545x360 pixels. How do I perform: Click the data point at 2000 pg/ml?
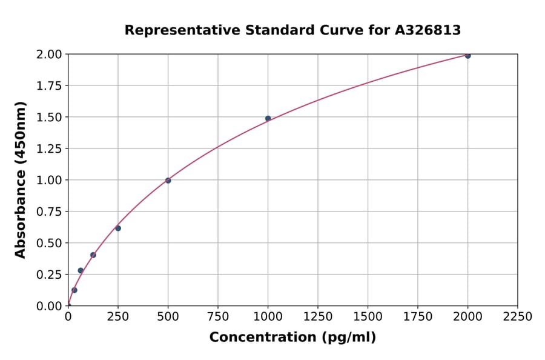click(x=467, y=56)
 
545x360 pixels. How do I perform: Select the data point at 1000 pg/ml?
click(x=268, y=118)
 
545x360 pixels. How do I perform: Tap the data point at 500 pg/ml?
click(x=168, y=181)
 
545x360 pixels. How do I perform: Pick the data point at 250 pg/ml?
click(x=118, y=228)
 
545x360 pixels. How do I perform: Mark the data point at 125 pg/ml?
click(x=93, y=255)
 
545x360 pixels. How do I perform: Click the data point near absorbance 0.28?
click(x=81, y=270)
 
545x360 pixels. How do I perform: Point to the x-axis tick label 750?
click(x=218, y=317)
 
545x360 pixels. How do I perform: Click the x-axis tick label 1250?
click(x=318, y=317)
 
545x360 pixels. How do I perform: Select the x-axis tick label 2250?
click(x=518, y=317)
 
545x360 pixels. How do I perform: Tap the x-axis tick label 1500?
click(x=368, y=317)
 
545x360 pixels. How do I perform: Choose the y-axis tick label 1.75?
click(x=48, y=85)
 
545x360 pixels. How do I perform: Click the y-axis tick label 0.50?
click(x=48, y=243)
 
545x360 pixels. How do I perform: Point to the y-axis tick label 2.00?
click(x=48, y=54)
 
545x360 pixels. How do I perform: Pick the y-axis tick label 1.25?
click(x=48, y=148)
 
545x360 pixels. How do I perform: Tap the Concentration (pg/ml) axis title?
click(x=292, y=338)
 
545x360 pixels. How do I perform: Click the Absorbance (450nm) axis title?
click(x=21, y=180)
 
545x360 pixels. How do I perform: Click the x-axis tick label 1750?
click(x=418, y=317)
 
